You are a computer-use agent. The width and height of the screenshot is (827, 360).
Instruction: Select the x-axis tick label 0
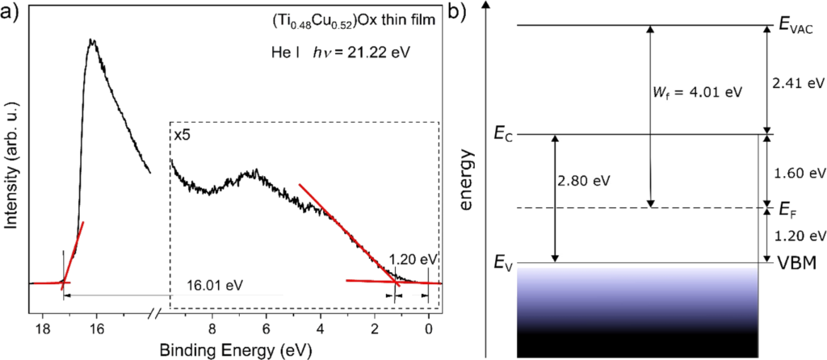click(429, 328)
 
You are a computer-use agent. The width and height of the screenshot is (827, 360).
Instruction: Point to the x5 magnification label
click(182, 134)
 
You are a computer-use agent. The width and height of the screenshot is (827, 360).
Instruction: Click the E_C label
click(504, 134)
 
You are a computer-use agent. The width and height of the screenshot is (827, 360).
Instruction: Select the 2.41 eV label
click(798, 82)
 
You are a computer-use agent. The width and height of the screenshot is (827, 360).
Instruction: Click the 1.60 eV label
click(798, 173)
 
